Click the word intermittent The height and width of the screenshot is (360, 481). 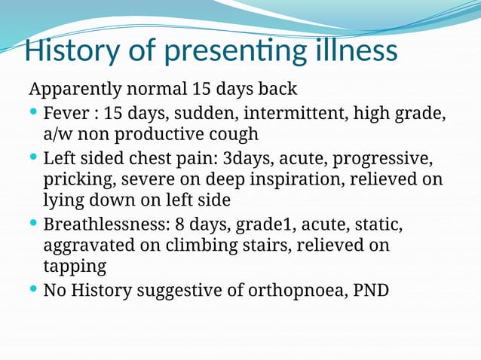[294, 114]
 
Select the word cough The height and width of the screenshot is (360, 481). [233, 135]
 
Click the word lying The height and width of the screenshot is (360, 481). [63, 202]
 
